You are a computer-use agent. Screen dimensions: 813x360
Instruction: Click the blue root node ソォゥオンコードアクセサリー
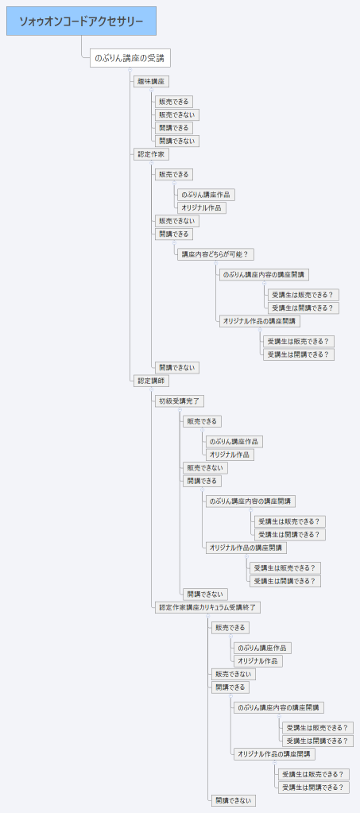[x=82, y=21]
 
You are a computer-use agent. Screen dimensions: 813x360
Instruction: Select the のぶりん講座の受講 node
[x=130, y=59]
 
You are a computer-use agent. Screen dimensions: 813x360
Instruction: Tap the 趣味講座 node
[x=151, y=81]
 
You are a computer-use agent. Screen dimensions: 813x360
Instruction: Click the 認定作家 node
[x=151, y=154]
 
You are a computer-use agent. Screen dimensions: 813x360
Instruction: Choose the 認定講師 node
[x=151, y=381]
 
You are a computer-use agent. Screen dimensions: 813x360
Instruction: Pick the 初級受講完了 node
[x=180, y=401]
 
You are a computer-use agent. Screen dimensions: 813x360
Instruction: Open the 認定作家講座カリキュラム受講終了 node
[x=207, y=607]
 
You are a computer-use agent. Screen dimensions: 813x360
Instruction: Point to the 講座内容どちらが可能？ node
[x=215, y=254]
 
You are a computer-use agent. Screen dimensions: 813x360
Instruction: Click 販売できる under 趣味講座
[x=174, y=102]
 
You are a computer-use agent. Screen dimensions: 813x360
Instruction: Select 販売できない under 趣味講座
[x=176, y=114]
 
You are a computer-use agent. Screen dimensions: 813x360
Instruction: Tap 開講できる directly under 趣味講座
[x=174, y=128]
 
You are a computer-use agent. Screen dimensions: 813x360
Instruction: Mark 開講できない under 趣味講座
[x=176, y=141]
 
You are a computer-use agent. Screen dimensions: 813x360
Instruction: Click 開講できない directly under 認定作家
[x=176, y=367]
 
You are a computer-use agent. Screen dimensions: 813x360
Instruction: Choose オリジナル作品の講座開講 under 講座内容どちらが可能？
[x=260, y=321]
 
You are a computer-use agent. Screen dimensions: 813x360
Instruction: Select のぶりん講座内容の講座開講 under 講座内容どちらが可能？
[x=265, y=274]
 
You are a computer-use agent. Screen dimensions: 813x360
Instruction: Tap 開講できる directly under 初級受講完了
[x=203, y=481]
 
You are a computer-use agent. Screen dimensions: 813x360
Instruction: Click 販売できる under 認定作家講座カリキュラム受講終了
[x=230, y=628]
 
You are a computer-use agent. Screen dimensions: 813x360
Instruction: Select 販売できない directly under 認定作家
[x=176, y=221]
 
